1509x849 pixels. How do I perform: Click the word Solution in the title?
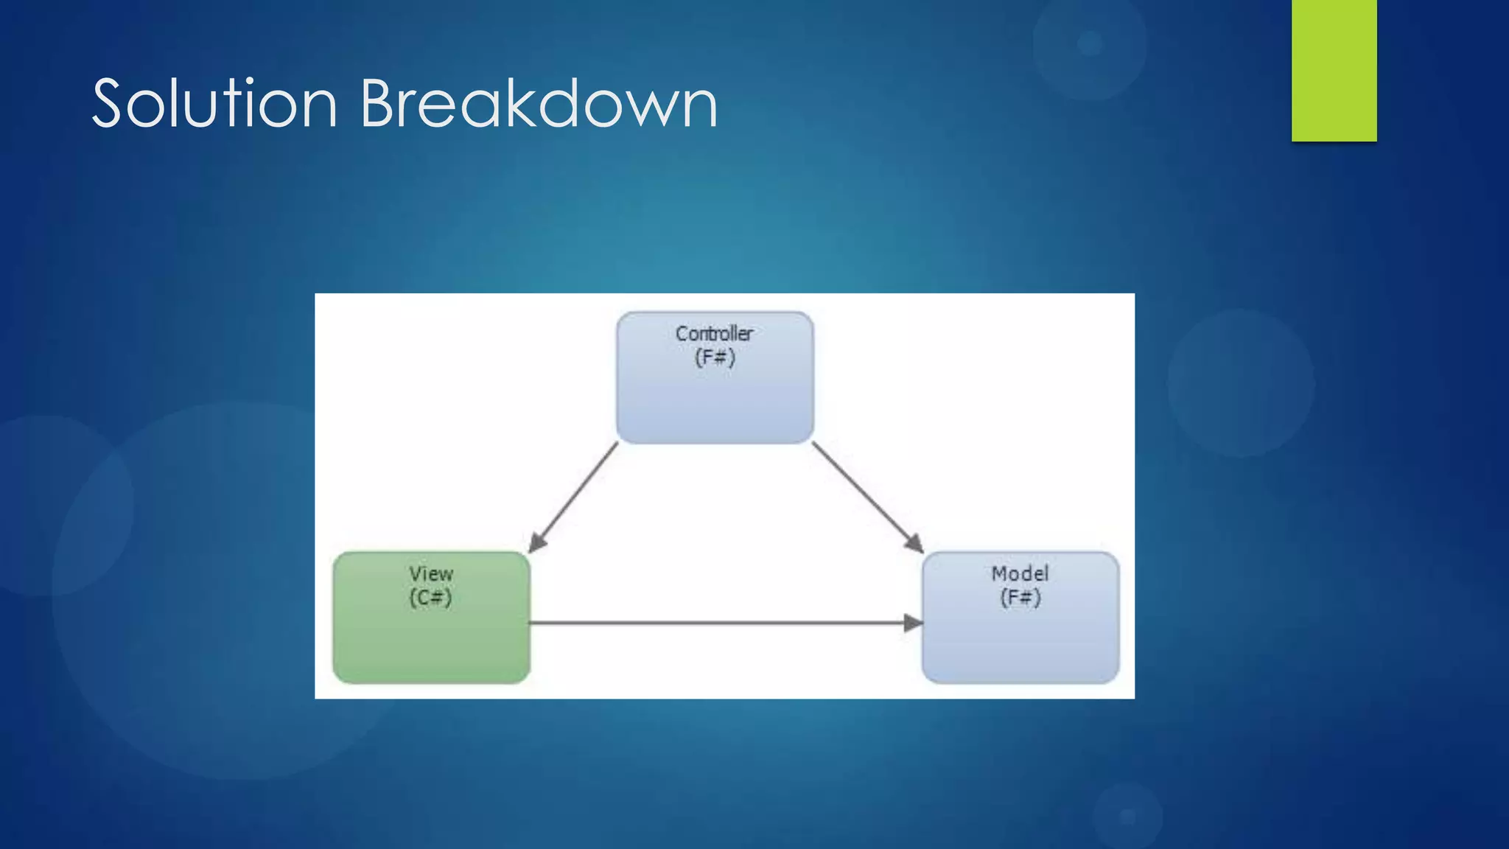pyautogui.click(x=214, y=104)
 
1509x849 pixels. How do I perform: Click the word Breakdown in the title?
pyautogui.click(x=538, y=104)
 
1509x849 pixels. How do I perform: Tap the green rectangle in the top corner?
pyautogui.click(x=1334, y=70)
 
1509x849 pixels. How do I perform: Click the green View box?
pyautogui.click(x=431, y=641)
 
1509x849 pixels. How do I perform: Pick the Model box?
pyautogui.click(x=1020, y=641)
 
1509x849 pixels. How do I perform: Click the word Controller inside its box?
pyautogui.click(x=714, y=334)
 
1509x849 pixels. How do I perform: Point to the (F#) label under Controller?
pyautogui.click(x=715, y=358)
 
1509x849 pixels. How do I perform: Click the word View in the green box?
pyautogui.click(x=431, y=573)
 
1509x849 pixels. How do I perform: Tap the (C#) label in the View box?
pyautogui.click(x=430, y=598)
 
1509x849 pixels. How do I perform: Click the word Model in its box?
pyautogui.click(x=1020, y=573)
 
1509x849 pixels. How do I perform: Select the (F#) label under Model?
pyautogui.click(x=1020, y=598)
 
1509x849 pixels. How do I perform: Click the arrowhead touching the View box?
pyautogui.click(x=537, y=543)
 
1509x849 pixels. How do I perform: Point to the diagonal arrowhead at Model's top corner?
pyautogui.click(x=914, y=543)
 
